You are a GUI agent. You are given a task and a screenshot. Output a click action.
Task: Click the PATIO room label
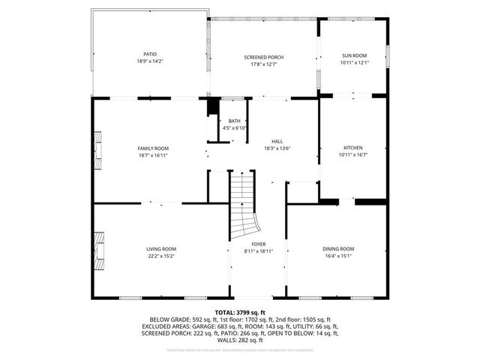point(151,53)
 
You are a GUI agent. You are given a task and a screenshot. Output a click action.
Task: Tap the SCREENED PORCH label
point(263,57)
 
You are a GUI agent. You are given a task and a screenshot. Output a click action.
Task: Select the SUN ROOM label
point(354,55)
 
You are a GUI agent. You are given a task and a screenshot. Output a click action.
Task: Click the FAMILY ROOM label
point(152,148)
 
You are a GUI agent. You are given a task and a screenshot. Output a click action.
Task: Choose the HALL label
point(277,141)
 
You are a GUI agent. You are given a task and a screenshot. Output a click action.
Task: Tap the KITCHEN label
point(353,148)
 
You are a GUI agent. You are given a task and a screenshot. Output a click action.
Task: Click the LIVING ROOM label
point(160,249)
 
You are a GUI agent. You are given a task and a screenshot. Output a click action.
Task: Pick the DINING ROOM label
point(338,249)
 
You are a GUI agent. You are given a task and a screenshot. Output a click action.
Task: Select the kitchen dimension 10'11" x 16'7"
point(353,154)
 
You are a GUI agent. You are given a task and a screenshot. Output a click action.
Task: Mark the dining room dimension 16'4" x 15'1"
point(338,256)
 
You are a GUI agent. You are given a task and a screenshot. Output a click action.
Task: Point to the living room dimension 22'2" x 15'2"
point(160,256)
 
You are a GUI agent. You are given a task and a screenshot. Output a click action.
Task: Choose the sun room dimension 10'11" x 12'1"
point(354,62)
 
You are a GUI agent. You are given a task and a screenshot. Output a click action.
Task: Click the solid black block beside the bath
point(212,106)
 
